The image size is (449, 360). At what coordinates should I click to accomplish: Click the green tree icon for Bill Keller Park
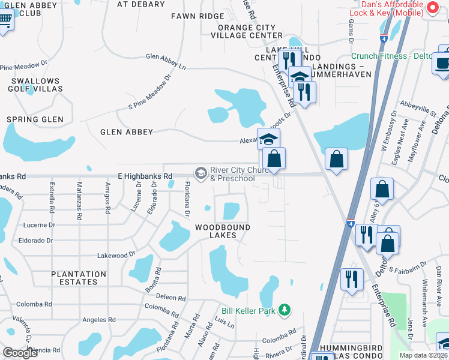[285, 310]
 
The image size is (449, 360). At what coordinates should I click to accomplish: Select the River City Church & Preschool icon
[201, 173]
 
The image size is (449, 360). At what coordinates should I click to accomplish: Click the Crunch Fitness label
[397, 56]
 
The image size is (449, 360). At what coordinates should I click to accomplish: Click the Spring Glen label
[35, 119]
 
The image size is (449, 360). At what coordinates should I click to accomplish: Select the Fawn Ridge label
[197, 16]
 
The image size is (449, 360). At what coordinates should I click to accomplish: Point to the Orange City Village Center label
[247, 31]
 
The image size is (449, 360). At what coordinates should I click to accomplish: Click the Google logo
[20, 352]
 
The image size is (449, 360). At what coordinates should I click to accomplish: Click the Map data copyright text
[423, 355]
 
